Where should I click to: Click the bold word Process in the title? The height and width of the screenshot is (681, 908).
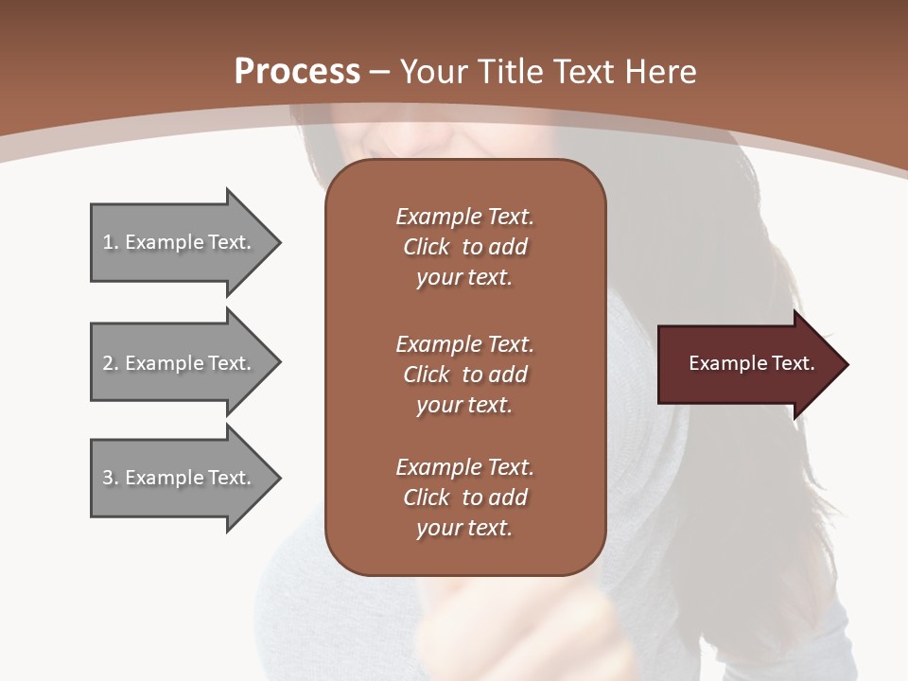(297, 72)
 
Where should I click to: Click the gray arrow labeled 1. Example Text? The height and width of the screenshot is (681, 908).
(180, 242)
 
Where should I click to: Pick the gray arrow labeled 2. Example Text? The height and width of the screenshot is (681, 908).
(180, 363)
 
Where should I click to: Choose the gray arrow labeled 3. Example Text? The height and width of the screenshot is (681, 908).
(180, 478)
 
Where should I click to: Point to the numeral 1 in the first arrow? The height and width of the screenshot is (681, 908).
(108, 242)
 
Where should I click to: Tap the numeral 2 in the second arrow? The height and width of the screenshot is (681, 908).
(108, 363)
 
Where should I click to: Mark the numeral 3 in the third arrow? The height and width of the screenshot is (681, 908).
(108, 478)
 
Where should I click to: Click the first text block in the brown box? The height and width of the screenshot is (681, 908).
(464, 247)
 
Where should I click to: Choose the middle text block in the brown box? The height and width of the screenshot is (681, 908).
(464, 375)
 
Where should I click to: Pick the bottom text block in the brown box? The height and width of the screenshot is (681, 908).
(464, 498)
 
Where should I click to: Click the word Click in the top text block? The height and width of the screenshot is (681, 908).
(426, 247)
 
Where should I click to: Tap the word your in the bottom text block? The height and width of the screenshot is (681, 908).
(437, 529)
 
